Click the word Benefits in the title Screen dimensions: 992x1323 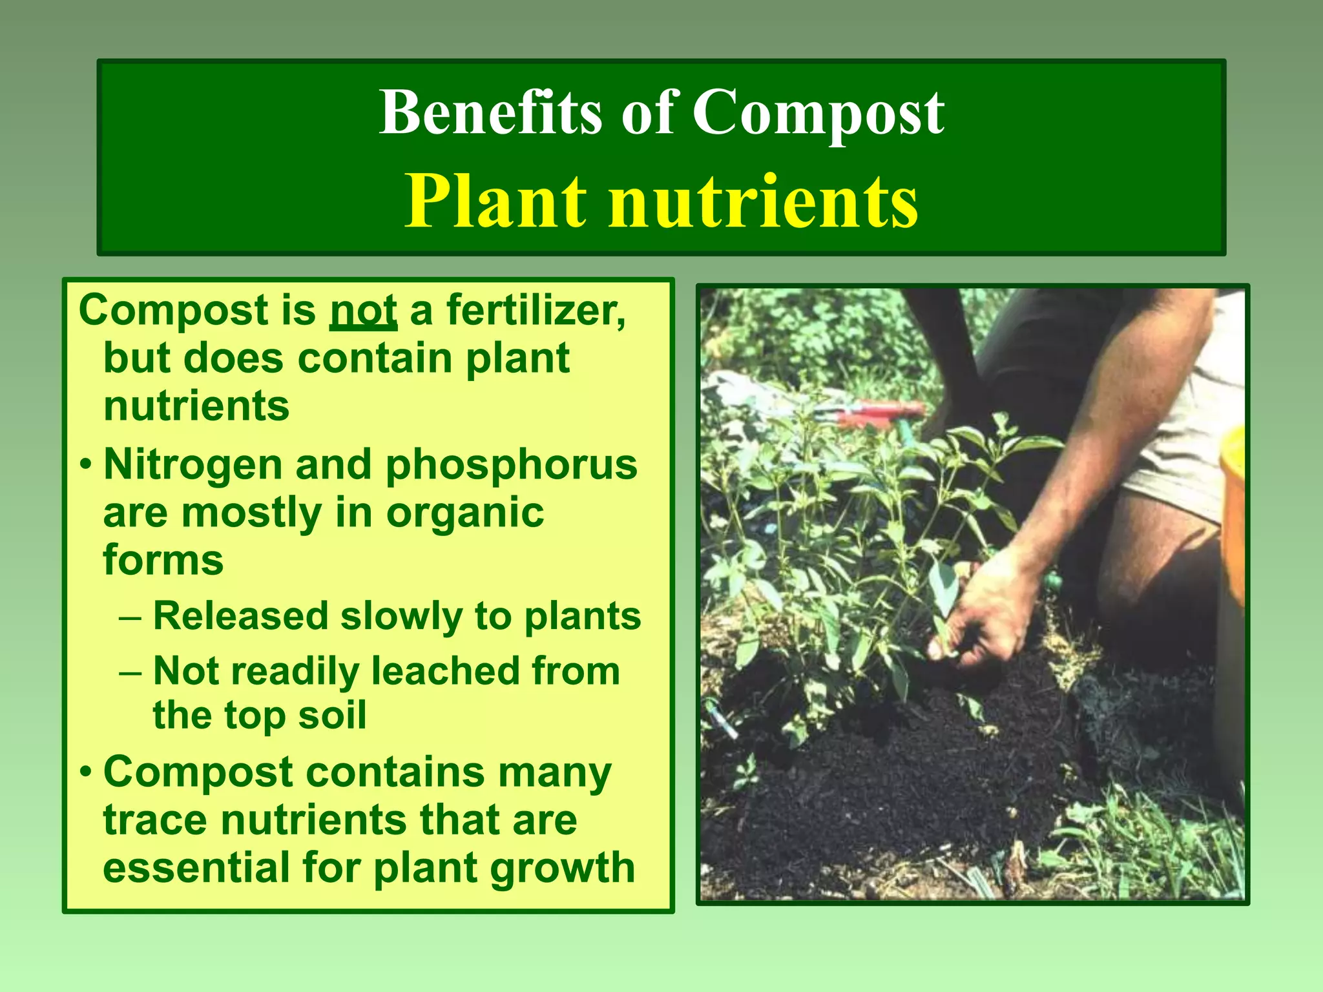click(492, 112)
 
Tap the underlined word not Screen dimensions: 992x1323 click(363, 311)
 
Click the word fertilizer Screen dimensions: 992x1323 click(536, 311)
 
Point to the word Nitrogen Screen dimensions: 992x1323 click(193, 464)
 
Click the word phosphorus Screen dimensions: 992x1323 click(511, 466)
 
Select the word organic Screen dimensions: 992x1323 click(464, 513)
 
